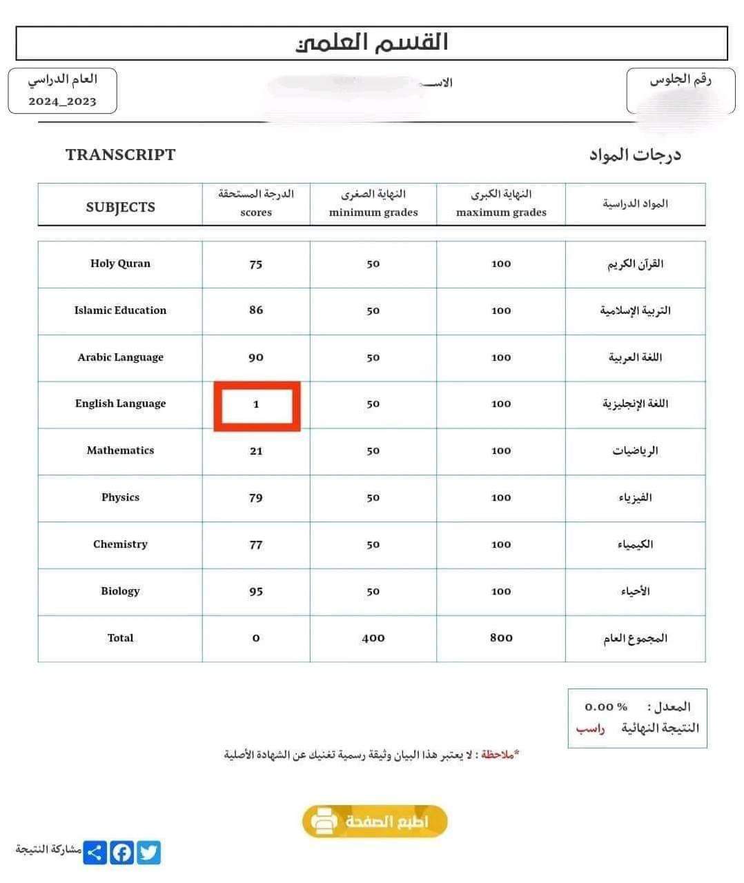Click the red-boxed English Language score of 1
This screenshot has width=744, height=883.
(x=256, y=405)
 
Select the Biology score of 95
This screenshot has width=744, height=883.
(x=256, y=592)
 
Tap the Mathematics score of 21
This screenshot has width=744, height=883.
(x=256, y=451)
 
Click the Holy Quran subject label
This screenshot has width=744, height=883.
(x=120, y=264)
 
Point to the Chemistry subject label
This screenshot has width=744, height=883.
(x=120, y=544)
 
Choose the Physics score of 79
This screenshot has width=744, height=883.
(x=256, y=498)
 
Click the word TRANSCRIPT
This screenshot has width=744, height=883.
(x=121, y=155)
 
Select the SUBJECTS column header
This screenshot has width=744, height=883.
(x=120, y=207)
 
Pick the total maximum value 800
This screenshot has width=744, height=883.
(x=501, y=638)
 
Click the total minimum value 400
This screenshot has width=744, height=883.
(x=373, y=638)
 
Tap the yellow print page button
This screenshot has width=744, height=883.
(x=375, y=822)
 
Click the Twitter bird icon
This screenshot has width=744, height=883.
(x=148, y=853)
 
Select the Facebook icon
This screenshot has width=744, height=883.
(x=122, y=853)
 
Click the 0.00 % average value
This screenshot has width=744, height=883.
(x=606, y=707)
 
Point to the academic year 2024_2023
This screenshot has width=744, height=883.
(x=62, y=101)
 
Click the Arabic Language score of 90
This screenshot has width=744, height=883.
(x=256, y=357)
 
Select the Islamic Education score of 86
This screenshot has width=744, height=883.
(x=256, y=310)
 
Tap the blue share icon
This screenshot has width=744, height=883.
(x=95, y=853)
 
